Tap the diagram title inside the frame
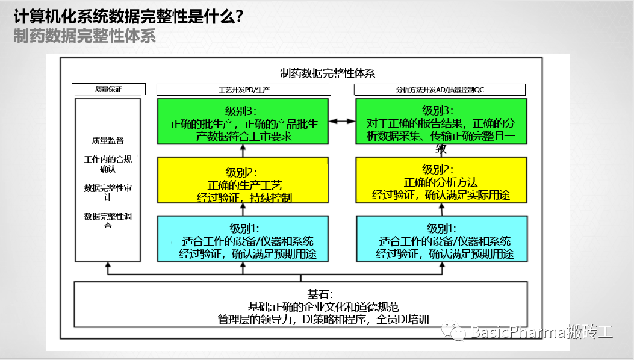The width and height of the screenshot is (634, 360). [x=328, y=73]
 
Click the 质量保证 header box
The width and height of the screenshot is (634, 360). [x=108, y=89]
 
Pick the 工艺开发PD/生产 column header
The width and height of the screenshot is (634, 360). [x=243, y=90]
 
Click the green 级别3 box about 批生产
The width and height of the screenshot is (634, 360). [x=243, y=122]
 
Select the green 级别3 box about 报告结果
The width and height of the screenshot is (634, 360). [x=441, y=122]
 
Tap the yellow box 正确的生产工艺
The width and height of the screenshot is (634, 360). [x=243, y=180]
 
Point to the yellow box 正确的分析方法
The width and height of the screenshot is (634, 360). [x=441, y=180]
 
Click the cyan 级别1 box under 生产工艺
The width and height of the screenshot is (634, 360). [x=243, y=239]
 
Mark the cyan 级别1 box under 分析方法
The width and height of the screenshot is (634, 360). [x=441, y=239]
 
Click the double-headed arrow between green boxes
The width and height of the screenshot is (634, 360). [x=342, y=122]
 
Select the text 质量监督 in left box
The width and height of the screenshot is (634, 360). [x=108, y=140]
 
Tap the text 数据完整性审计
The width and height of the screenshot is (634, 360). [x=108, y=193]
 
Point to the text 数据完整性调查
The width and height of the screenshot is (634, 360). [x=108, y=221]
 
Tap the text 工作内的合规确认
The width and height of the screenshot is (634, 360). [x=108, y=164]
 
